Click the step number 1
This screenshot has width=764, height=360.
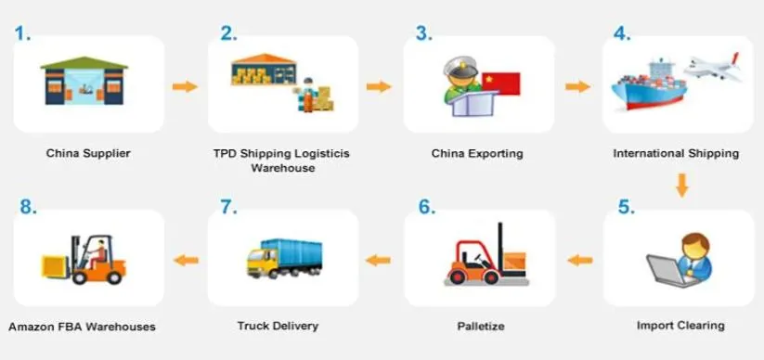pyautogui.click(x=21, y=34)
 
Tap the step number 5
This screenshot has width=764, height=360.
pyautogui.click(x=626, y=207)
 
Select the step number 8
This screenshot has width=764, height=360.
pyautogui.click(x=28, y=207)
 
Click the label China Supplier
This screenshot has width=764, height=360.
pyautogui.click(x=88, y=153)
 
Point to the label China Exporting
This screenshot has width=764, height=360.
pyautogui.click(x=477, y=153)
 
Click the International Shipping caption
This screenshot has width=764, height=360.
pyautogui.click(x=676, y=153)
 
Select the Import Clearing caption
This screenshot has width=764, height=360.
pyautogui.click(x=680, y=326)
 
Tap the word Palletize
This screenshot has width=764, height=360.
pyautogui.click(x=481, y=326)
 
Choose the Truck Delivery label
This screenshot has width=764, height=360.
pyautogui.click(x=278, y=326)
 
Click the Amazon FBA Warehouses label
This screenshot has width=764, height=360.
pyautogui.click(x=82, y=327)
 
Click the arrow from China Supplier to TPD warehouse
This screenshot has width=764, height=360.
pyautogui.click(x=186, y=86)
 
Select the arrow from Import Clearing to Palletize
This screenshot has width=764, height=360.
pyautogui.click(x=580, y=260)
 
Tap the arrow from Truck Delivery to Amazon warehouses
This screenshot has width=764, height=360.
pyautogui.click(x=187, y=260)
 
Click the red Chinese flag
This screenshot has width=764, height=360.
pyautogui.click(x=501, y=84)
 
